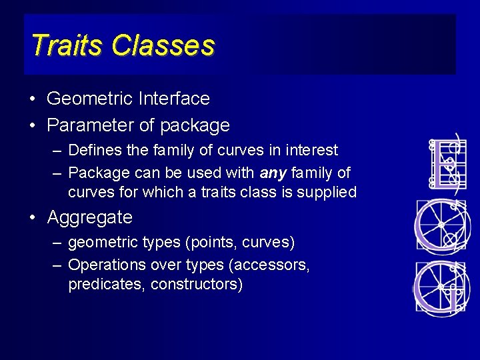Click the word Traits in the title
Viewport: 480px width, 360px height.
pyautogui.click(x=67, y=45)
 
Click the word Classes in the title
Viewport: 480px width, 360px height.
pyautogui.click(x=163, y=45)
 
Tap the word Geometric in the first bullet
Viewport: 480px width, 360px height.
pyautogui.click(x=90, y=99)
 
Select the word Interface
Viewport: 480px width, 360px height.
pyautogui.click(x=174, y=99)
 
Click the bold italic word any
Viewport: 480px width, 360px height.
pyautogui.click(x=273, y=173)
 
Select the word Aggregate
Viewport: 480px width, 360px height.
pyautogui.click(x=90, y=217)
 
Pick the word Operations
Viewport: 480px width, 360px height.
pyautogui.click(x=107, y=265)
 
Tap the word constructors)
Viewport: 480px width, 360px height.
pyautogui.click(x=197, y=285)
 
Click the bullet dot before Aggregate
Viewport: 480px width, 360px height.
pyautogui.click(x=33, y=218)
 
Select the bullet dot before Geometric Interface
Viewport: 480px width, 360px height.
pyautogui.click(x=33, y=99)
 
